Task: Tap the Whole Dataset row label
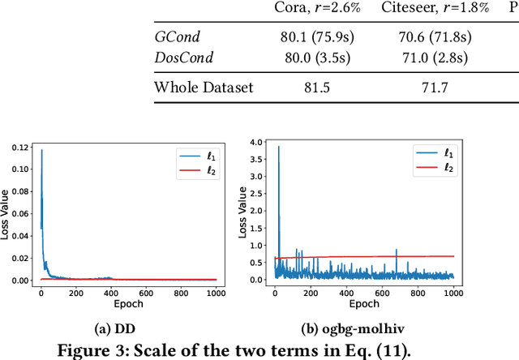coord(204,88)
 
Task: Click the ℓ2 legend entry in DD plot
coord(197,169)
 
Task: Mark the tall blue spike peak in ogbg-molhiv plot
coord(279,147)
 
